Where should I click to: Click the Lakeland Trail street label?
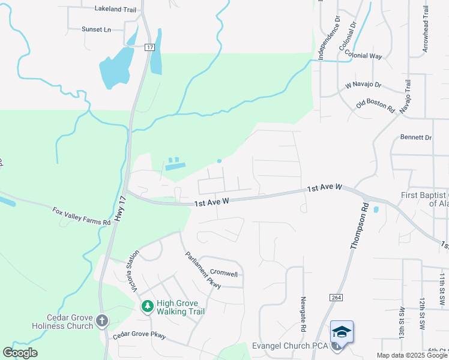click(115, 9)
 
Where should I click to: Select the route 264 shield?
click(335, 298)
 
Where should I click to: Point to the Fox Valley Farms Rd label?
click(82, 217)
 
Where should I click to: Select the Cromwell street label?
click(224, 274)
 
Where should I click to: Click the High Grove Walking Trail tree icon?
click(147, 307)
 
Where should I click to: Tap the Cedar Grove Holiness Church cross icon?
click(102, 321)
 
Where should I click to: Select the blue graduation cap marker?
click(341, 332)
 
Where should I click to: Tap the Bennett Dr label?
click(415, 137)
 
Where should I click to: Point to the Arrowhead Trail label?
click(425, 29)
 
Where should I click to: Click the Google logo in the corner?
click(20, 353)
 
